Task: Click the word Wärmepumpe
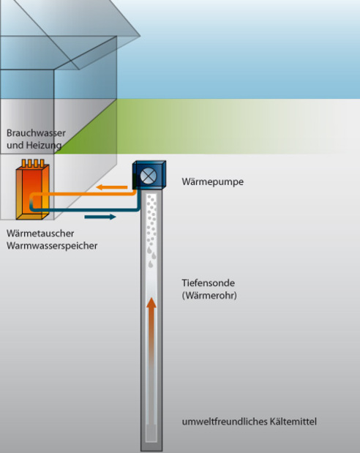213,181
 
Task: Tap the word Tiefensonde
208,282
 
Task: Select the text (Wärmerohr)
209,296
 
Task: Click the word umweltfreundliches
224,422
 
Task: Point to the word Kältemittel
293,422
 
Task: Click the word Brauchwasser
36,133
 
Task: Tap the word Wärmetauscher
40,233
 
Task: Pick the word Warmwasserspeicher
52,246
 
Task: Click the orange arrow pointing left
111,187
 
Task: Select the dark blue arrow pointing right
100,217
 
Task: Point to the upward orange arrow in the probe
151,332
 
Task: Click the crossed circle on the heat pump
149,176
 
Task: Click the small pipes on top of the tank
33,163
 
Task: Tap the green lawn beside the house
202,127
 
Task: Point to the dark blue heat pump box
149,175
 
